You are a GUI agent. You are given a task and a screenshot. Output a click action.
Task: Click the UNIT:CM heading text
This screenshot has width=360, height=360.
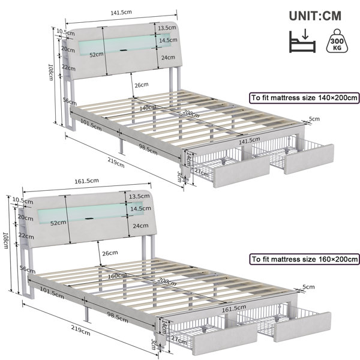point(315,16)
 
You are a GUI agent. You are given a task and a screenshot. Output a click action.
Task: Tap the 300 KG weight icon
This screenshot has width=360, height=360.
point(337,41)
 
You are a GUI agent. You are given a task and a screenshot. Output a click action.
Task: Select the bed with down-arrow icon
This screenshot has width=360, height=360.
point(302,41)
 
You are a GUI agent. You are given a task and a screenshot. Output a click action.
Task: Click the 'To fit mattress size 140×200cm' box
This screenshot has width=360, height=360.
point(304,98)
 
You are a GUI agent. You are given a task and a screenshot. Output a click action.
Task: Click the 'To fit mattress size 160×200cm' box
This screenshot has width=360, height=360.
point(304,259)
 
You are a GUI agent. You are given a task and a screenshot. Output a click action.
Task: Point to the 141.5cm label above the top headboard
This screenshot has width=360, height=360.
point(121,13)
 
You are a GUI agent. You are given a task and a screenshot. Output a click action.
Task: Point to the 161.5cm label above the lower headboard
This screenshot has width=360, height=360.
point(86,181)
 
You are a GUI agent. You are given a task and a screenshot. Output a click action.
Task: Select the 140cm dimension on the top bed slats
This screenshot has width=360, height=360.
point(148,107)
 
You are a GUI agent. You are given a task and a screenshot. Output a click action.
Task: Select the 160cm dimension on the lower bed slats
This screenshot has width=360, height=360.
point(117,276)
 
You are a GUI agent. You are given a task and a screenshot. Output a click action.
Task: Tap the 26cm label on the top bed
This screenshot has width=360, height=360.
point(142,85)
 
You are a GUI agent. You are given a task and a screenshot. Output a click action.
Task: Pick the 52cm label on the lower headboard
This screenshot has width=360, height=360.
point(58,223)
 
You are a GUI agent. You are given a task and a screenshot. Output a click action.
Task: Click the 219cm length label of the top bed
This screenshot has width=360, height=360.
point(116,163)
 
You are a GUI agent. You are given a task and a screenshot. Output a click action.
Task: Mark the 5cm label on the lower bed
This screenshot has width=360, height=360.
point(308,287)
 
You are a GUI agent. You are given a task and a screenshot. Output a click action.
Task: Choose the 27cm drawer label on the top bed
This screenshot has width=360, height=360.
point(202,172)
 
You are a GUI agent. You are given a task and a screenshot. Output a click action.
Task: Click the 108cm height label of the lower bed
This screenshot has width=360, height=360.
point(5,240)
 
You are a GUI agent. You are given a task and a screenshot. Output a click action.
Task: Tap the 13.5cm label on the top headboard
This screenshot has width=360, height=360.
point(167,28)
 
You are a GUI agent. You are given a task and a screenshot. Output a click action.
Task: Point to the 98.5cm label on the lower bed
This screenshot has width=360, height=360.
point(118,317)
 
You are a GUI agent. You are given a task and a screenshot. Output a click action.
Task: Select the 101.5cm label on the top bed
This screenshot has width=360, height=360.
point(91,125)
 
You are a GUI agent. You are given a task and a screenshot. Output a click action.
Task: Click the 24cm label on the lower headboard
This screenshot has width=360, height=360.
point(141,226)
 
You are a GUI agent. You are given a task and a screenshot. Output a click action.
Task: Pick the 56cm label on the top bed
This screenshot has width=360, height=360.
point(70,101)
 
